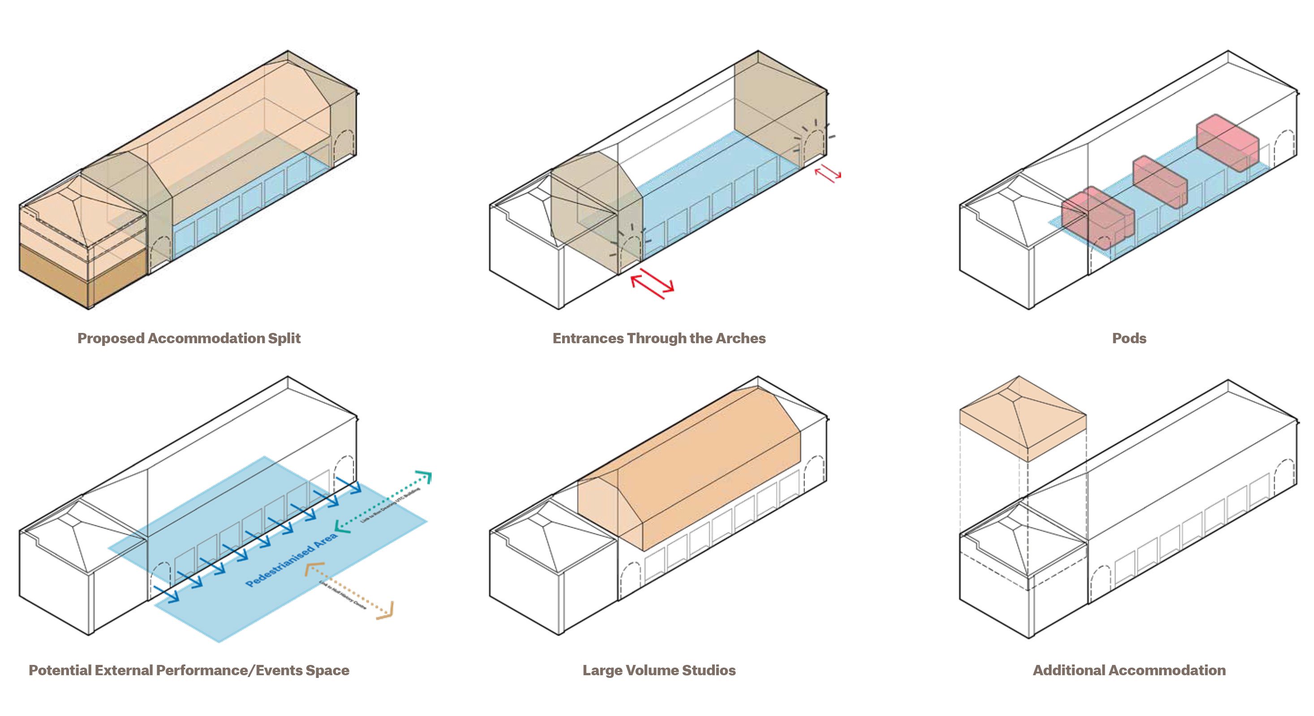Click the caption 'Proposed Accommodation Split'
(x=189, y=338)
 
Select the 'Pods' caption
(x=1129, y=338)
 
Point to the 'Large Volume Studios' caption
(x=659, y=670)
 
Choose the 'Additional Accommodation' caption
(x=1129, y=670)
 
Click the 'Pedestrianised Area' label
(x=291, y=559)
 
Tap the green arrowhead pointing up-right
(x=425, y=477)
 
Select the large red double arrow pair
(x=653, y=284)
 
